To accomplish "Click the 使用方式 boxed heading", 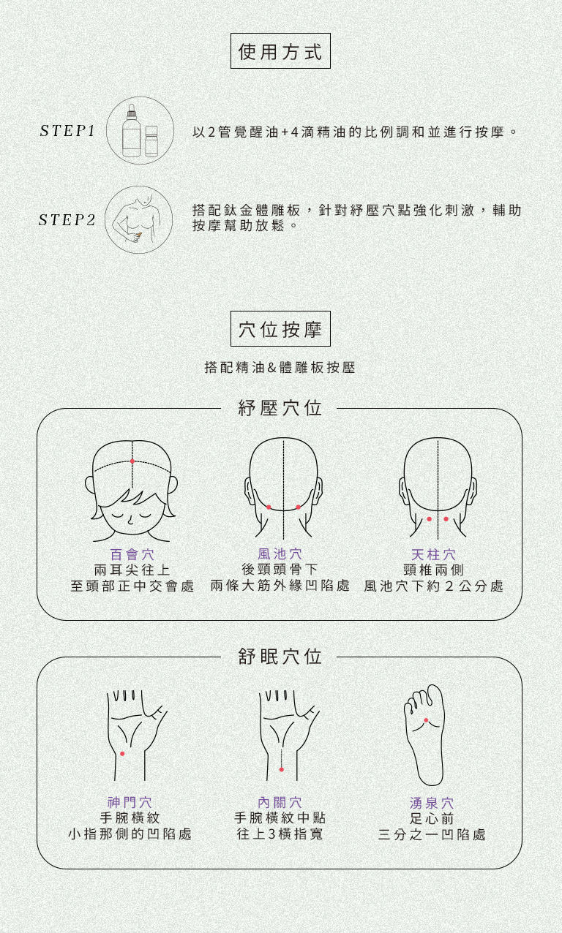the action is point(280,50).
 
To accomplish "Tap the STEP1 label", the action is point(67,131).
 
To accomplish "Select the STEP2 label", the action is point(67,220).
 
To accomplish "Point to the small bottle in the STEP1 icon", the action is point(151,141).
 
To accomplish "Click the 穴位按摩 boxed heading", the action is point(280,328).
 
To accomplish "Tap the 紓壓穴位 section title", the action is point(280,408).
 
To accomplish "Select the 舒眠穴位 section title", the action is point(280,657).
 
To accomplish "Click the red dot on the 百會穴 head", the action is point(132,461).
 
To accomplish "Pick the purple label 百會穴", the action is point(132,554).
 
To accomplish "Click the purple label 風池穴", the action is point(280,554).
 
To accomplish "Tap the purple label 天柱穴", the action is point(434,554).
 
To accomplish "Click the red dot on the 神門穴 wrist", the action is point(122,753).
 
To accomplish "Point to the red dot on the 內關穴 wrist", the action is point(282,769).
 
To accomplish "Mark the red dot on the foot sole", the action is point(426,720).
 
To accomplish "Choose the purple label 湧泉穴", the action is point(432,803).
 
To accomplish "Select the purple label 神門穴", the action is point(130,802).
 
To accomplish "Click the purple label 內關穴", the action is point(280,802).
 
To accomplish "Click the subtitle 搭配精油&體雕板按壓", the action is point(280,367).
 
